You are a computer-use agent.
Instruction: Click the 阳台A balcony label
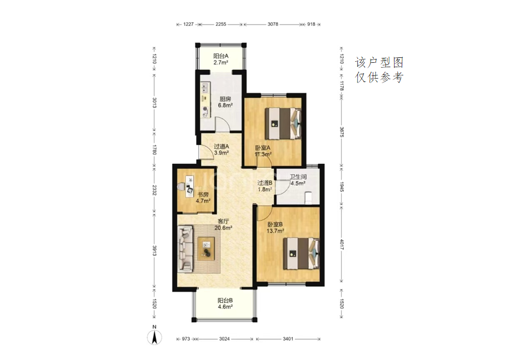(221, 56)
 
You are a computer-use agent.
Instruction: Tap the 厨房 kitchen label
(225, 99)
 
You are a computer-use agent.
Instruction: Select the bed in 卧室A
(284, 123)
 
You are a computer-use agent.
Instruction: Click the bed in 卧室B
(302, 253)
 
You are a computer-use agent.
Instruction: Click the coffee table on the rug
(206, 249)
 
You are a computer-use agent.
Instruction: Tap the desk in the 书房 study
(190, 185)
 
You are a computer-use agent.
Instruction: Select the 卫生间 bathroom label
(298, 176)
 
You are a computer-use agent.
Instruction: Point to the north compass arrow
(155, 338)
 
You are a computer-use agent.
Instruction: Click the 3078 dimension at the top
(273, 24)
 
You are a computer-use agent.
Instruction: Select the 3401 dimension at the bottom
(288, 339)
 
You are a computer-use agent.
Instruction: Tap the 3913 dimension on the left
(155, 250)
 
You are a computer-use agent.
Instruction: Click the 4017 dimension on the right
(342, 245)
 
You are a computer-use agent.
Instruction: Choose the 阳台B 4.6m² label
(225, 303)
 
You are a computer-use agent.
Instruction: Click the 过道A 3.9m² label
(221, 149)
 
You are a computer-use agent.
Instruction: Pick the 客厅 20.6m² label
(223, 225)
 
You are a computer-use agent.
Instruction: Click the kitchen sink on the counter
(205, 87)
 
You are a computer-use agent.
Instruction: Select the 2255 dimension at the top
(221, 24)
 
